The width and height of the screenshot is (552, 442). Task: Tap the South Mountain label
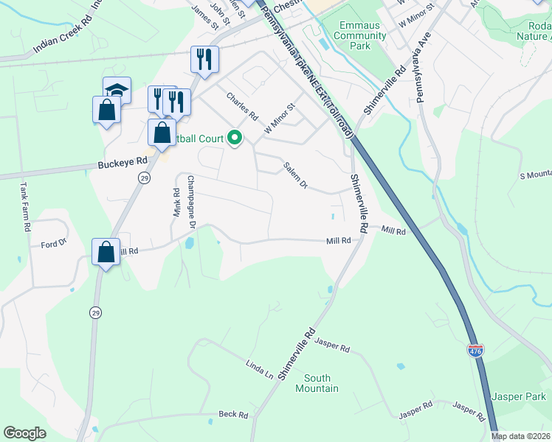click(317, 383)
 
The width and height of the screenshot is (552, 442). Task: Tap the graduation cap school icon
click(117, 90)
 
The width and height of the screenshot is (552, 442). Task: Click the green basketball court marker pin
click(235, 138)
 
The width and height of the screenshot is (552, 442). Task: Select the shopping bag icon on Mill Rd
click(106, 252)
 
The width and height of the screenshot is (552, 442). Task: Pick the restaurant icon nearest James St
click(204, 60)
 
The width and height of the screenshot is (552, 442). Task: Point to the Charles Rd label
click(241, 107)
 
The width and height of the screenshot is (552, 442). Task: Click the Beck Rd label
click(233, 415)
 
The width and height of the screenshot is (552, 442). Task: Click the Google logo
click(25, 433)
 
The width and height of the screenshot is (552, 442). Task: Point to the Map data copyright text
click(521, 436)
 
